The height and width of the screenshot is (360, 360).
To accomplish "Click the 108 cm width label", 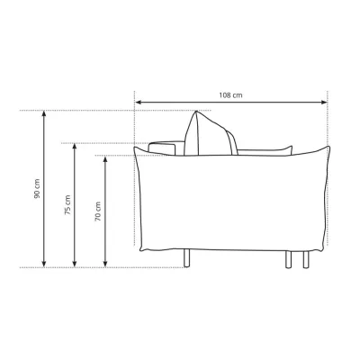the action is tap(230, 95).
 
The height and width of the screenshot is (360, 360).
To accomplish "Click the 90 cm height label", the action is tap(37, 189).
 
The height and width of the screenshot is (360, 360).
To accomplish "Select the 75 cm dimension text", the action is tap(67, 205).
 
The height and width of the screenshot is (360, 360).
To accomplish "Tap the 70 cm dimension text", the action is tap(98, 211).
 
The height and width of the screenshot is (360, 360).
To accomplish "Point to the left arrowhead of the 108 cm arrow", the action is tap(138, 103).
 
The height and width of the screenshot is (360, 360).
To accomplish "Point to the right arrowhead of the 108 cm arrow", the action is tap(324, 103).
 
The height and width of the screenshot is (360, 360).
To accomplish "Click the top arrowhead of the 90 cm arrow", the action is tap(44, 114).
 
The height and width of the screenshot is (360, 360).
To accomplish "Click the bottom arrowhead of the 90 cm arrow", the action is tap(44, 264).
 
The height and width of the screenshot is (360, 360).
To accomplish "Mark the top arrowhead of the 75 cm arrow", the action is tap(75, 147).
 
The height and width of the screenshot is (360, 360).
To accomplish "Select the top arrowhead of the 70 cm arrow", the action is tap(105, 159).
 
